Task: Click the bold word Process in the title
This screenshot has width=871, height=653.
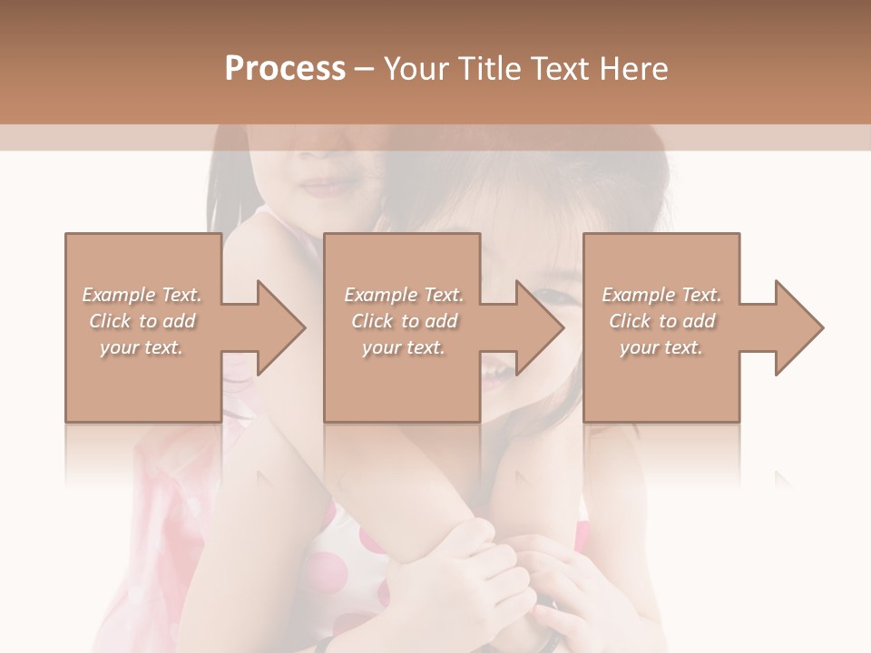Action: coord(285,69)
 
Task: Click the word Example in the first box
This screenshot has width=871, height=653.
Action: coord(119,295)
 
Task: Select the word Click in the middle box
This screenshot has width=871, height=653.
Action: coord(371,321)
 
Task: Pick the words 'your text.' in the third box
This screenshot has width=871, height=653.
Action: coord(661,347)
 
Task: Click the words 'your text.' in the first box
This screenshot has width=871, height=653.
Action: coord(142,347)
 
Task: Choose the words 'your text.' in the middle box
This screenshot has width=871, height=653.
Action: coord(403,347)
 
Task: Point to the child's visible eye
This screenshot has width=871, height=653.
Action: coord(551,297)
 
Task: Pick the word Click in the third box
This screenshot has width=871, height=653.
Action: coord(630,321)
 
